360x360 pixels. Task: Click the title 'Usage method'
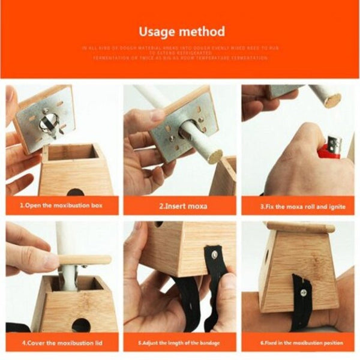[182, 31]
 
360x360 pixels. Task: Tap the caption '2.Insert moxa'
[180, 206]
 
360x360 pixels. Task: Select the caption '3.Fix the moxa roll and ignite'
[299, 206]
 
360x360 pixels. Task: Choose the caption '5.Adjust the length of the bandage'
[180, 343]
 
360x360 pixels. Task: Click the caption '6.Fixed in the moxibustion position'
[299, 343]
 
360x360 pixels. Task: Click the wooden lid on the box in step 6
[300, 227]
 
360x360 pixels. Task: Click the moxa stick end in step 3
[329, 97]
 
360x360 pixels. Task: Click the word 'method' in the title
[203, 31]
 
